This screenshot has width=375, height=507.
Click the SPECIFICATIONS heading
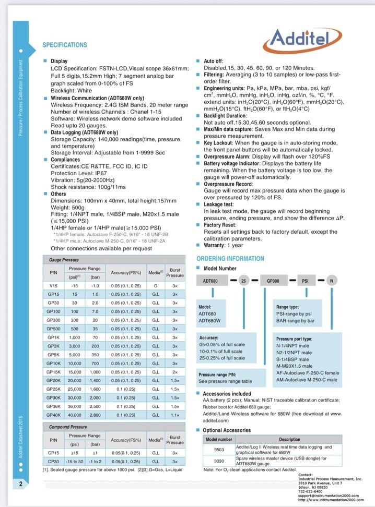pyautogui.click(x=65, y=45)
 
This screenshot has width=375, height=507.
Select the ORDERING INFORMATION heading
pyautogui.click(x=230, y=259)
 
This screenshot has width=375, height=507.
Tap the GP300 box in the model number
pyautogui.click(x=273, y=281)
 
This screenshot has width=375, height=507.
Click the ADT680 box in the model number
pyautogui.click(x=210, y=281)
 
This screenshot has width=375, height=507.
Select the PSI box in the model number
pyautogui.click(x=305, y=281)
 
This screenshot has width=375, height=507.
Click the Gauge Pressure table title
pyautogui.click(x=63, y=259)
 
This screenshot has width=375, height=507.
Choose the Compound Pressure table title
pyautogui.click(x=68, y=427)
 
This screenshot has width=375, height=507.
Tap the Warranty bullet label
pyautogui.click(x=216, y=245)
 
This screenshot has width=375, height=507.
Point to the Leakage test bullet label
pyautogui.click(x=220, y=206)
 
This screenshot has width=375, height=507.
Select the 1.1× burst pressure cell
pyautogui.click(x=175, y=415)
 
